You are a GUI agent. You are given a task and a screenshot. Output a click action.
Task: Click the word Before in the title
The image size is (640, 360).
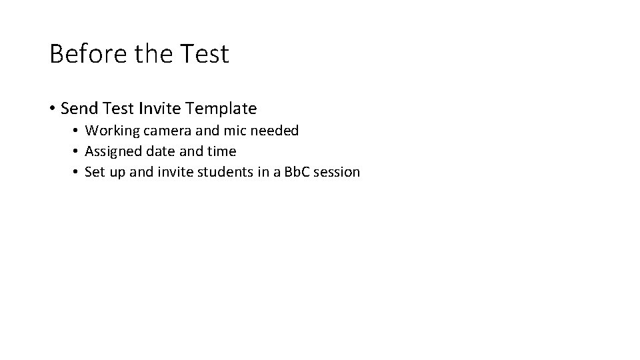coord(88,54)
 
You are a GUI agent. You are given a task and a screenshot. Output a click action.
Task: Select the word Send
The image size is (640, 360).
coord(79,107)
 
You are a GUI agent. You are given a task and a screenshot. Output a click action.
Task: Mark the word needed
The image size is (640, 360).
coord(274,131)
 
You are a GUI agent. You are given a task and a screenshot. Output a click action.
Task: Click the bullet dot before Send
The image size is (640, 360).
coord(52,108)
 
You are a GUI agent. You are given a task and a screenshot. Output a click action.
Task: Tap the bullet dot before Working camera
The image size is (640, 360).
coord(77,131)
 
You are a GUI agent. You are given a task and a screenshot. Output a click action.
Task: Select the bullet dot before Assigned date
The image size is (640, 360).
coord(77,152)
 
